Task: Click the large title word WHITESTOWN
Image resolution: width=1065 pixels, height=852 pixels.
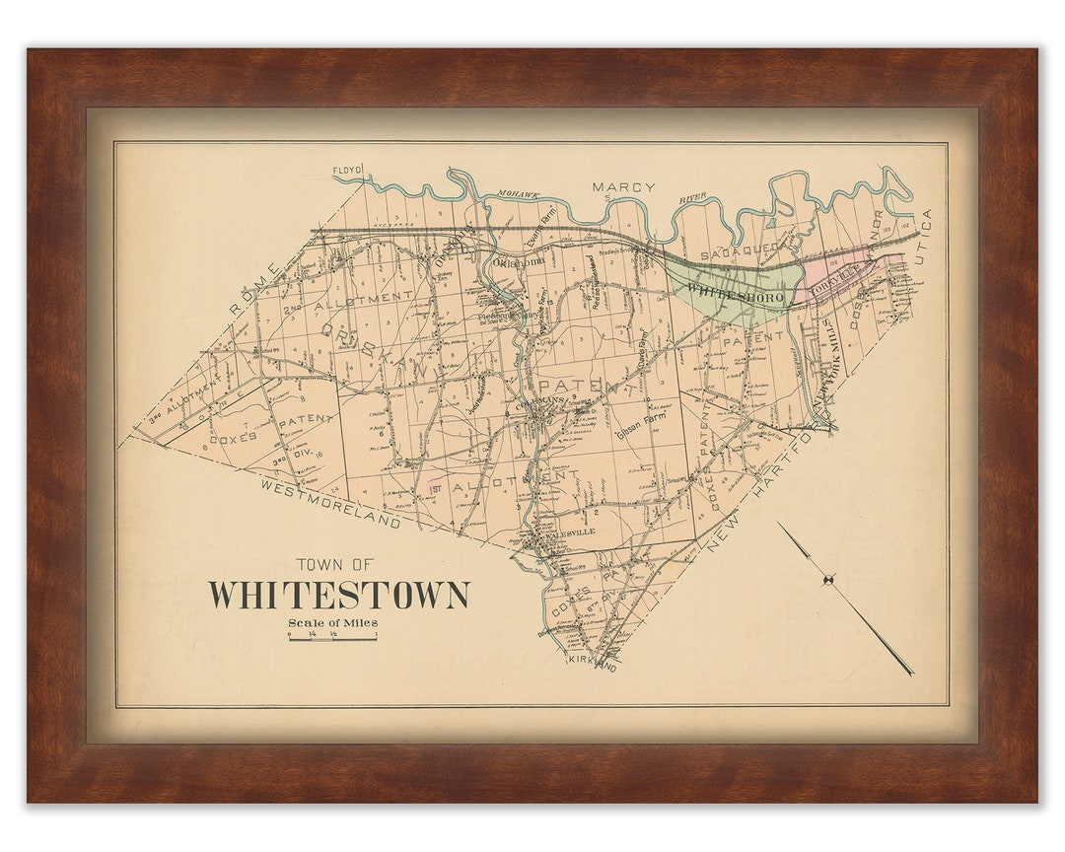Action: [x=338, y=596]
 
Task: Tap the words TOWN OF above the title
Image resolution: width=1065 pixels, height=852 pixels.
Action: [x=335, y=565]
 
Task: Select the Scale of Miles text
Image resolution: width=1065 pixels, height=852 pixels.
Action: [x=332, y=622]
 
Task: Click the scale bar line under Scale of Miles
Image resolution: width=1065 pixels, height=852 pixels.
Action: [x=332, y=638]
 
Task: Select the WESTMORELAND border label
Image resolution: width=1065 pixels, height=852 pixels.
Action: [x=331, y=504]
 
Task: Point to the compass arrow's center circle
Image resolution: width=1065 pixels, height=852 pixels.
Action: [x=829, y=579]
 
